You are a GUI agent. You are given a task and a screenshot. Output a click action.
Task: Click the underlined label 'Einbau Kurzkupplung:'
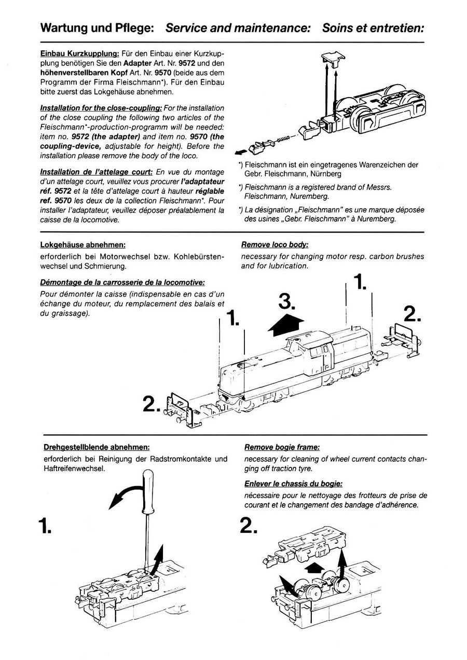coord(80,54)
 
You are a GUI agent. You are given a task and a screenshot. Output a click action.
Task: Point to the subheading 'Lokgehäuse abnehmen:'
coord(83,245)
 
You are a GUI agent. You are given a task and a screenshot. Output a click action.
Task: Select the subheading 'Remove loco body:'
coord(274,245)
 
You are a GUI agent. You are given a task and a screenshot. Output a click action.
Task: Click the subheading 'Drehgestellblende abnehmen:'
coord(97,447)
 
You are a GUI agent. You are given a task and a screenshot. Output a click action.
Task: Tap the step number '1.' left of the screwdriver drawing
coord(46,526)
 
